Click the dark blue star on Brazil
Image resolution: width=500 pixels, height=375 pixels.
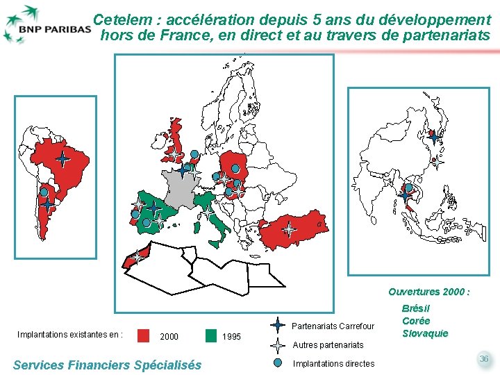click(x=62, y=160)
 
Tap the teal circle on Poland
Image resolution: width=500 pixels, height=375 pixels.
click(x=237, y=169)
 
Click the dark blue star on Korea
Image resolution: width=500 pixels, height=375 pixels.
click(x=433, y=137)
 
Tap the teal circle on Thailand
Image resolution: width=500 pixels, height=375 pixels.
click(x=409, y=187)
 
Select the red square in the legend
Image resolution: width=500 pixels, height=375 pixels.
click(x=144, y=335)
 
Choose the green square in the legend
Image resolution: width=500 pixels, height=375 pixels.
click(x=211, y=335)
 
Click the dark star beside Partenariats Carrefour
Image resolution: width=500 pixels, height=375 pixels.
click(x=278, y=326)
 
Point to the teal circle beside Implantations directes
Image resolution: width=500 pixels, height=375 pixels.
click(x=278, y=362)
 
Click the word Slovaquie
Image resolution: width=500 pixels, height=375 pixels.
click(x=425, y=333)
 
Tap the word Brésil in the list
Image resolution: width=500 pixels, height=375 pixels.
click(x=417, y=308)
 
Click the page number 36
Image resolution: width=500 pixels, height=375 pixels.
click(x=483, y=358)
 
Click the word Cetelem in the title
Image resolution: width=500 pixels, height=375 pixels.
click(x=119, y=19)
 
